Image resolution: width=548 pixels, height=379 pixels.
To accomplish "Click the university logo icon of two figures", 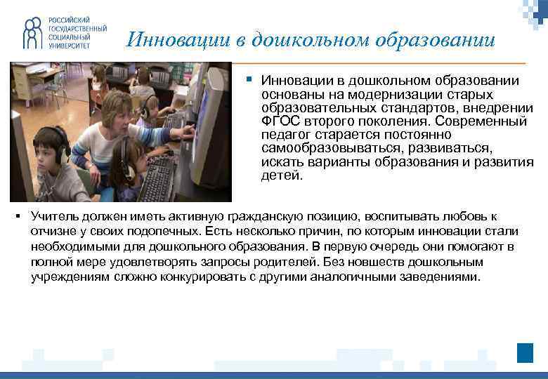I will pyautogui.click(x=33, y=32).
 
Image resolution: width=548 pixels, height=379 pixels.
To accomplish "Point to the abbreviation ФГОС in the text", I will pyautogui.click(x=279, y=121).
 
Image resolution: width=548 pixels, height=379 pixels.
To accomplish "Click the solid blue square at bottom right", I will pyautogui.click(x=525, y=352).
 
